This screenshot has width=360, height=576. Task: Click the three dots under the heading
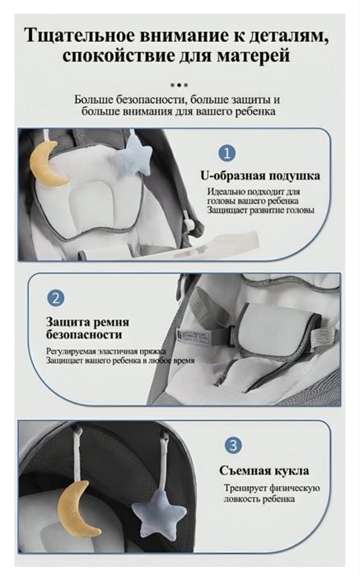(179, 84)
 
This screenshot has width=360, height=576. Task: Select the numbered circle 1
(227, 153)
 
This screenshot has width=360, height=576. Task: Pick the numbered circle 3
(235, 445)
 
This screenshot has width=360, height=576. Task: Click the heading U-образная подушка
(260, 176)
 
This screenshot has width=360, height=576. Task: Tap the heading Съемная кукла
(264, 471)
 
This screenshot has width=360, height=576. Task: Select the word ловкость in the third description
(247, 499)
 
